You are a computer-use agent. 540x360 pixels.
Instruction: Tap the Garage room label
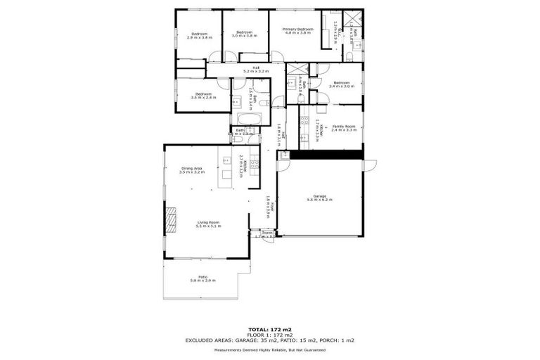coord(320,198)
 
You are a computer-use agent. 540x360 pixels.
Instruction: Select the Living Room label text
coord(209,224)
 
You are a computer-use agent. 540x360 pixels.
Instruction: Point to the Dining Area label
coord(192,169)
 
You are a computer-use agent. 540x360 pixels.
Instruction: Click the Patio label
coord(202,278)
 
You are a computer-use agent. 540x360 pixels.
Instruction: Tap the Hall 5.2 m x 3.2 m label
coord(256,70)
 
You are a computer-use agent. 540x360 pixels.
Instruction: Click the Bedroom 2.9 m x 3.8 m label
coord(199,35)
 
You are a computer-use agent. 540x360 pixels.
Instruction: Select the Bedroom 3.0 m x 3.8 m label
coord(244,34)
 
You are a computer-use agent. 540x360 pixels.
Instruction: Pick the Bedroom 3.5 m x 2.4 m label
coord(203,96)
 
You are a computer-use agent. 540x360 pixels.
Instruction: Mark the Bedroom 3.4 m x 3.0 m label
coord(342,84)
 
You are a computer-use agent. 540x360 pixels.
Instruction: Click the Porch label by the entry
coord(267,234)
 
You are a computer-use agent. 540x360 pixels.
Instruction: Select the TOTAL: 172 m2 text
coord(269,329)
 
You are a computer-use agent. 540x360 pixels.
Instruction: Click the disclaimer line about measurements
coord(269,349)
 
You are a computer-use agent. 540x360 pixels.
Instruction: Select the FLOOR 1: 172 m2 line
coord(269,335)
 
